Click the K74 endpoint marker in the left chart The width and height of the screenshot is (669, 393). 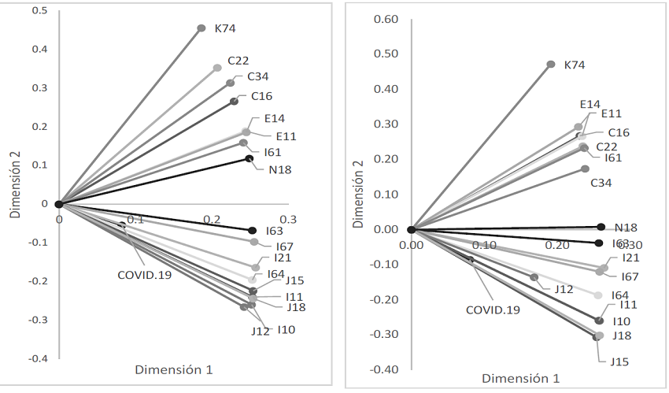tap(201, 28)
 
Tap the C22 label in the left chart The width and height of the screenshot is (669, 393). tap(239, 61)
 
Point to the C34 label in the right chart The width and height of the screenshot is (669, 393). tap(602, 183)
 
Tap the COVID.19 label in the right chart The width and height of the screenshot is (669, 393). tap(493, 310)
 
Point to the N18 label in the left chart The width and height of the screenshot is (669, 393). tap(279, 169)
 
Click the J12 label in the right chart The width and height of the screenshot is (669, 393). tap(563, 289)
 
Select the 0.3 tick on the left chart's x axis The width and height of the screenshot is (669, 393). tap(288, 219)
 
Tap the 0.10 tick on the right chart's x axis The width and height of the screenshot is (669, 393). tap(484, 245)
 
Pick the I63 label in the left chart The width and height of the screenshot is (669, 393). tap(275, 231)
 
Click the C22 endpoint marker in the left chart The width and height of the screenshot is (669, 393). tap(217, 69)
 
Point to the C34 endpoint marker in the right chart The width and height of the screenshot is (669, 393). tap(585, 169)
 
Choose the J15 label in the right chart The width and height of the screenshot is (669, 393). tap(618, 361)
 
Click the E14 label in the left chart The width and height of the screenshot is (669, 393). tap(274, 119)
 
